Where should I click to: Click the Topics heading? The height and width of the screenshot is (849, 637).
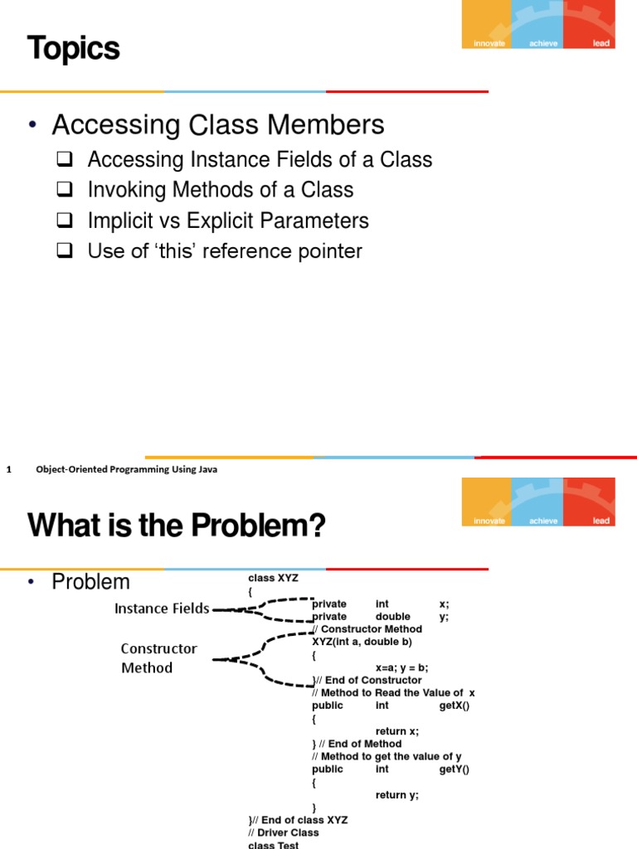click(74, 49)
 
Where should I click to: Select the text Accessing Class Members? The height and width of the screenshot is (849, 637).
click(217, 125)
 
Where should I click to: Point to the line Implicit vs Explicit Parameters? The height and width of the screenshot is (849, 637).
click(228, 221)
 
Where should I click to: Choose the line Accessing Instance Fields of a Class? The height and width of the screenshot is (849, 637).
click(260, 159)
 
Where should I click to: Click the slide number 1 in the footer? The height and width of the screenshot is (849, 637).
click(8, 469)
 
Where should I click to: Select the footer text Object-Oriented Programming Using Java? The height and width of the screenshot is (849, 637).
click(126, 469)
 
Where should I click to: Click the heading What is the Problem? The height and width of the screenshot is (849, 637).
click(177, 525)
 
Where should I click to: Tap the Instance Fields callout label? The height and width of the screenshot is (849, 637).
click(162, 609)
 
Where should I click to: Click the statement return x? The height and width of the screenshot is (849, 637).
click(396, 730)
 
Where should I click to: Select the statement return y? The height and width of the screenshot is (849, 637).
click(396, 794)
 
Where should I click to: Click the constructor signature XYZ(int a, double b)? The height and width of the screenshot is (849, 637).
click(362, 642)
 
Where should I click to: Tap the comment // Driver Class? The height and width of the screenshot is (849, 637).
click(283, 832)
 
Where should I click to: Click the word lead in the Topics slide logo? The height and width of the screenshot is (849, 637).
click(601, 43)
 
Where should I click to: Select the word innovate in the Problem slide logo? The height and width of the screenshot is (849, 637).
click(489, 521)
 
